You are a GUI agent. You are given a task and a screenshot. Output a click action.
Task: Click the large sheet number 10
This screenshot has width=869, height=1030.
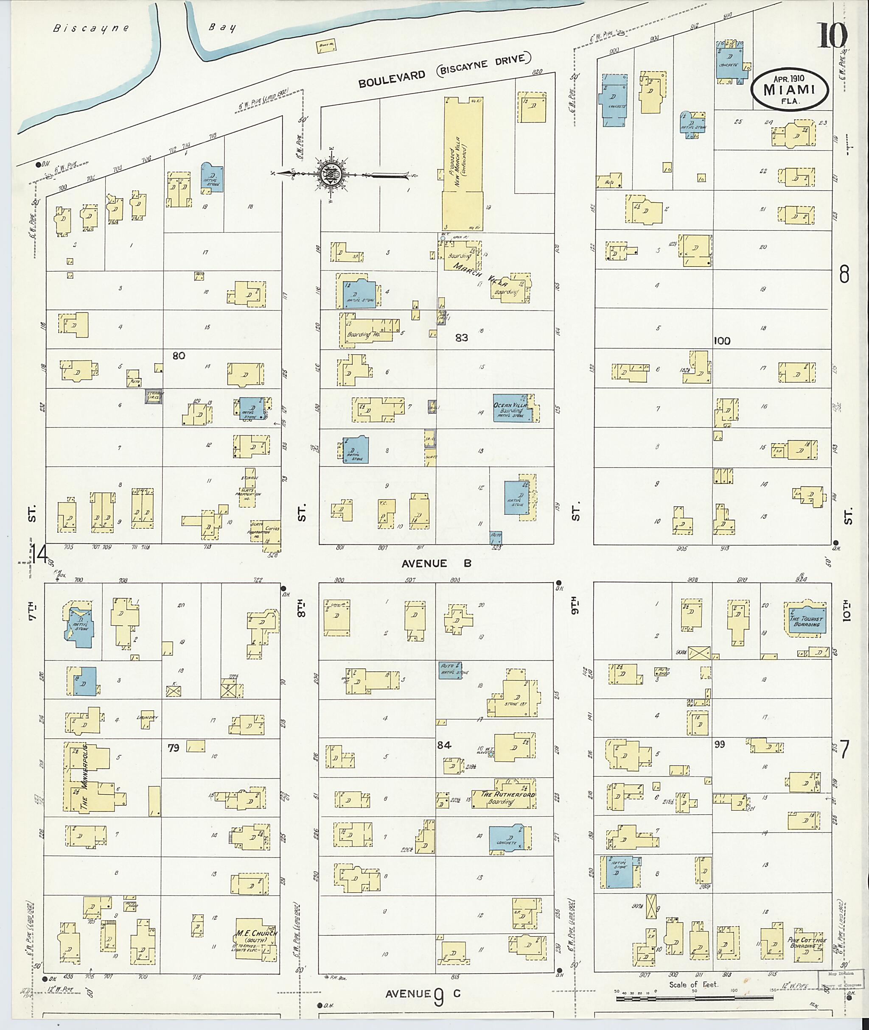(833, 36)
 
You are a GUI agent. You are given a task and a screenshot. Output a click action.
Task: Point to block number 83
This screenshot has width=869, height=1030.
(461, 338)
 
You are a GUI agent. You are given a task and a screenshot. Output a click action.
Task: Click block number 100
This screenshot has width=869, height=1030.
(722, 341)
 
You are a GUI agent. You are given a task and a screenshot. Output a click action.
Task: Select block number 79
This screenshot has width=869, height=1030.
(174, 748)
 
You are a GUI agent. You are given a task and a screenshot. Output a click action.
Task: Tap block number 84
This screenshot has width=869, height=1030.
(444, 745)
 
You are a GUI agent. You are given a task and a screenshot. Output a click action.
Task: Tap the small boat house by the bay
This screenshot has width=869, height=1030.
(324, 47)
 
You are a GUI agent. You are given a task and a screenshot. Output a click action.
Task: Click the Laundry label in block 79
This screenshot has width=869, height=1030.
(147, 717)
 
